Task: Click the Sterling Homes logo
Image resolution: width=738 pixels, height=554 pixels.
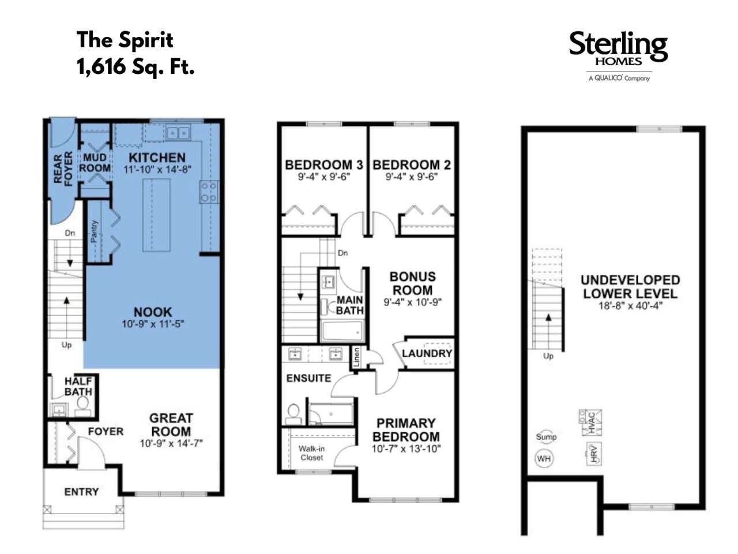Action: pos(618,56)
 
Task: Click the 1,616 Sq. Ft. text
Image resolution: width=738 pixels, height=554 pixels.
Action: pos(135,66)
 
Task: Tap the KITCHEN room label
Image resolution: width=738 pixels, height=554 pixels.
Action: pos(157,158)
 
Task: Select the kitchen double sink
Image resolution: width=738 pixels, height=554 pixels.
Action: pos(178,133)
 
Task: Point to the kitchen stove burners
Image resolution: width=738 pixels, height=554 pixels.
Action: pos(209,192)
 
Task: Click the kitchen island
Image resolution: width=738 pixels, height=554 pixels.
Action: pos(156,215)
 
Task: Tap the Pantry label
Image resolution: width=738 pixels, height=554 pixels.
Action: pos(94,231)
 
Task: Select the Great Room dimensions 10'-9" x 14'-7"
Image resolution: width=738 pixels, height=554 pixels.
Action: pos(171,443)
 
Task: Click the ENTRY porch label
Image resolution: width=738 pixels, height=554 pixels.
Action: pos(81,492)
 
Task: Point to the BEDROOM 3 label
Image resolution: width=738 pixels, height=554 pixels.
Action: pos(324,165)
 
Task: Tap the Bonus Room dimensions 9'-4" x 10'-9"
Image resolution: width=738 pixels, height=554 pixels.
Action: pos(413,302)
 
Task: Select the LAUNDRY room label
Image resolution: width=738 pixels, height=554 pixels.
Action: pos(427,353)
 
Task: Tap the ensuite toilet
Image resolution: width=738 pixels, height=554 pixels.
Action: pos(293,414)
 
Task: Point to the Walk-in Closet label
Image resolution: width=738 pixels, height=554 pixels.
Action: pos(312,453)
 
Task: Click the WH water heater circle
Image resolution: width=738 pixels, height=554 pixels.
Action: pos(544,458)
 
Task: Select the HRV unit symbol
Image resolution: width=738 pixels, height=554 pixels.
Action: pos(594,454)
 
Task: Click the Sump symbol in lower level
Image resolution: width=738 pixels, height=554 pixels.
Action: pos(546,437)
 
